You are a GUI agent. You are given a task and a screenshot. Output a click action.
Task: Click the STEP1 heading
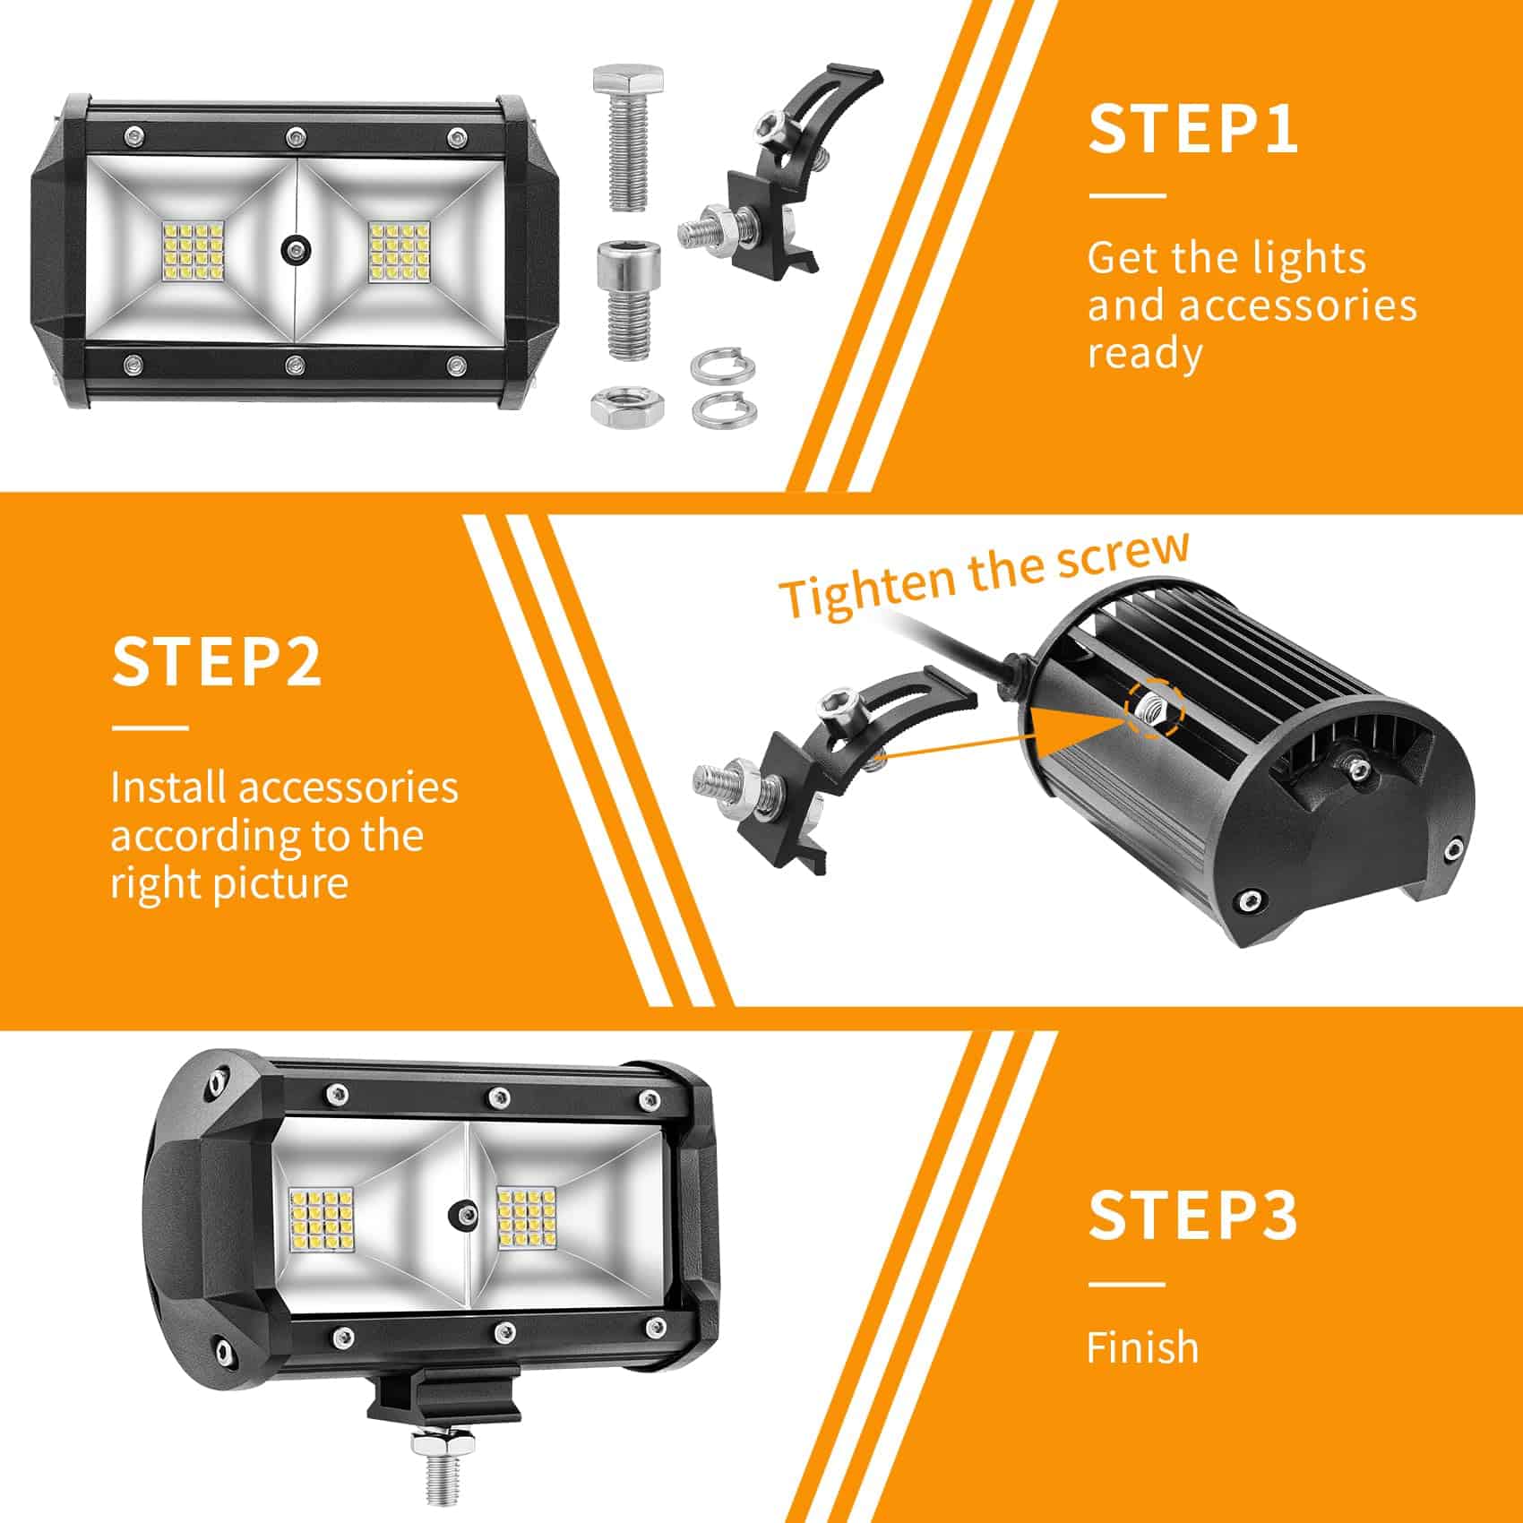[x=1192, y=129]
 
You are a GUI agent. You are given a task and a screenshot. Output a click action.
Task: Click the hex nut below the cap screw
[x=627, y=406]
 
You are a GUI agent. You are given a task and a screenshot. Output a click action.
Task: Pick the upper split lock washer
[x=722, y=366]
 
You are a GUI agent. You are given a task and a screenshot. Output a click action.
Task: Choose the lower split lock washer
[x=722, y=408]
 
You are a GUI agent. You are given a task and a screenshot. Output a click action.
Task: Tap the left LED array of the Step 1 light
[x=194, y=248]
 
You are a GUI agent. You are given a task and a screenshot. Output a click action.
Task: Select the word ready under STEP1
[x=1144, y=355]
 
